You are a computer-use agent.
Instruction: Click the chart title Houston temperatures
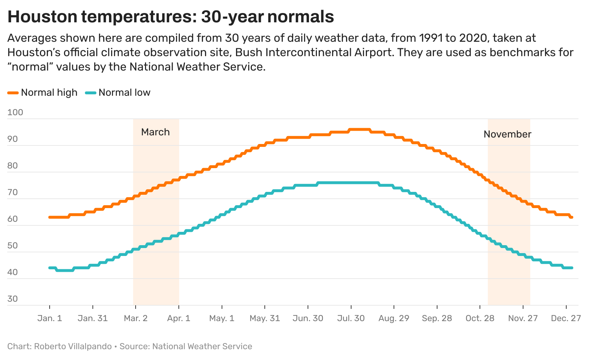[x=171, y=17]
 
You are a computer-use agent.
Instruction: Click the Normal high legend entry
[x=42, y=93]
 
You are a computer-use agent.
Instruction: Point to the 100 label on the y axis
[x=15, y=112]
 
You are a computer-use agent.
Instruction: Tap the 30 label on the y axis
[x=13, y=299]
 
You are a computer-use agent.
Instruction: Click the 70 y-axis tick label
[x=13, y=192]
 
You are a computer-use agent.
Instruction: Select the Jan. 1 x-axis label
[x=50, y=319]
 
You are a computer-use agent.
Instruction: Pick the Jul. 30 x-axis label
[x=351, y=319]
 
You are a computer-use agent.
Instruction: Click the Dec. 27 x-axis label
[x=566, y=319]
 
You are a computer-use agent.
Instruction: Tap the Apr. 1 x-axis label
[x=179, y=319]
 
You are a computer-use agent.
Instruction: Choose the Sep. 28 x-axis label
[x=437, y=319]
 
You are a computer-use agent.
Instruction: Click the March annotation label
[x=155, y=132]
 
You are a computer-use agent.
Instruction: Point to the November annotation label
[x=507, y=134]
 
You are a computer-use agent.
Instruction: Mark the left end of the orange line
[x=50, y=217]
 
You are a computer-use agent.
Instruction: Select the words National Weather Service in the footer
[x=202, y=346]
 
